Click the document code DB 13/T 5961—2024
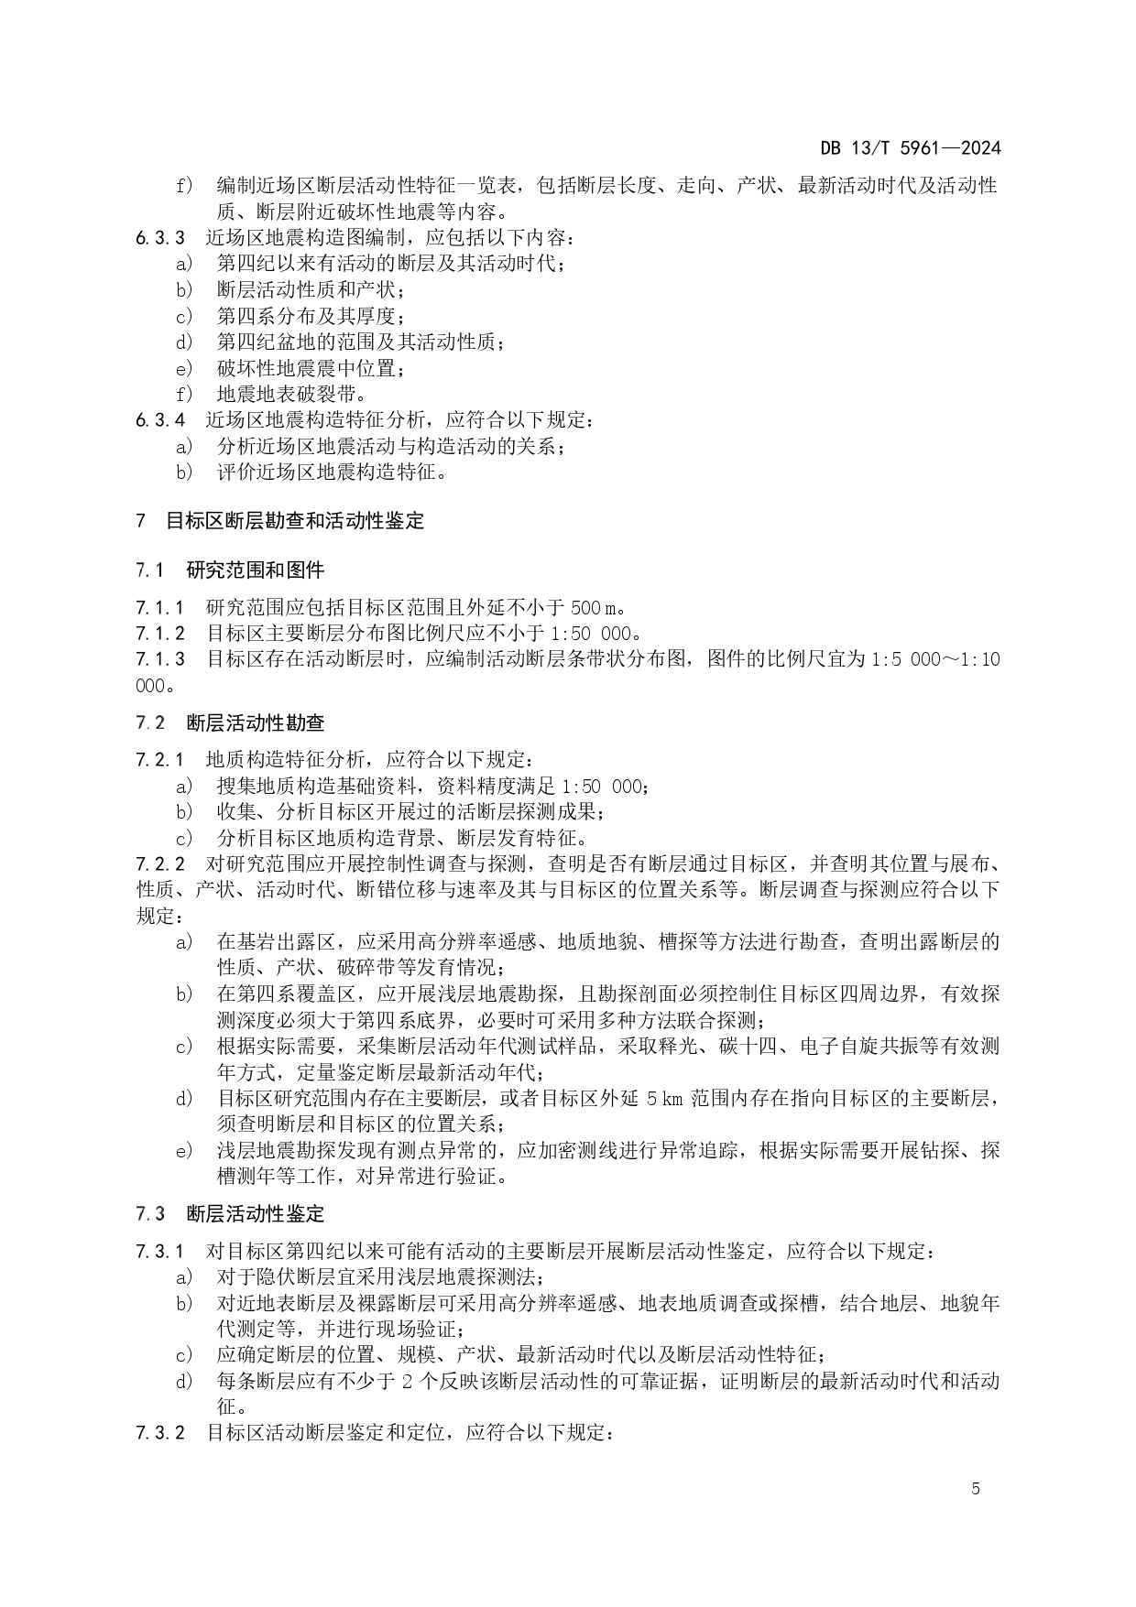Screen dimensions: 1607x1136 pos(910,148)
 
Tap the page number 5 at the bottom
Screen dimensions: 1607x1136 pos(976,1489)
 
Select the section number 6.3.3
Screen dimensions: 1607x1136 pos(159,238)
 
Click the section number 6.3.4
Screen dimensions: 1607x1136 pos(159,420)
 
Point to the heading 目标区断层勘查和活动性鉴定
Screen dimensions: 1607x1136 pos(295,522)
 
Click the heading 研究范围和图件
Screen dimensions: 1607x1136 pos(256,570)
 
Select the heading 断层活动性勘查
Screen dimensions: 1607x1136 pos(256,723)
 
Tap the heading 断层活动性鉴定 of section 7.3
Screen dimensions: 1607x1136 pos(256,1215)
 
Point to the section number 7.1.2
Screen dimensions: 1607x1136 pos(159,634)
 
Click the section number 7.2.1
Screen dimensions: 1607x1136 pos(159,760)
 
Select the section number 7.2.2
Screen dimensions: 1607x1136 pos(159,864)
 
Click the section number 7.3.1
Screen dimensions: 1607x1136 pos(159,1252)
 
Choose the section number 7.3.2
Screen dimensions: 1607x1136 pos(159,1433)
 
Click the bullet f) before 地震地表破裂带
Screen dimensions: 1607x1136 pos(184,395)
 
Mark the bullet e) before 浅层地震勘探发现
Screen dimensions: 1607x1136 pos(184,1151)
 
